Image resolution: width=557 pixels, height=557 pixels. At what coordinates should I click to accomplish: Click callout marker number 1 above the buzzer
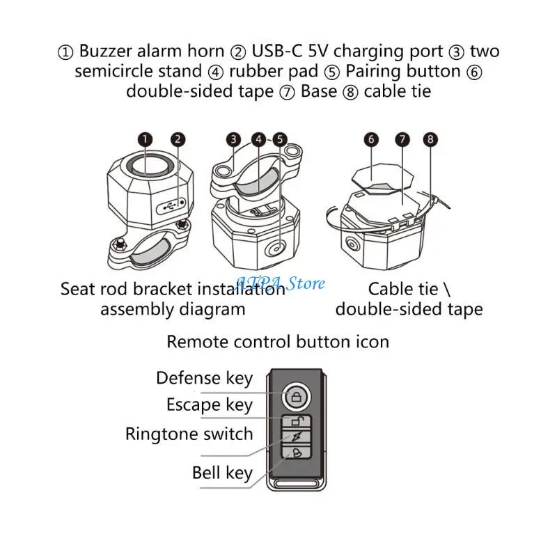tap(145, 139)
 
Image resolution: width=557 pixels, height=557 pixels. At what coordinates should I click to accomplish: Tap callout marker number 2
tap(179, 139)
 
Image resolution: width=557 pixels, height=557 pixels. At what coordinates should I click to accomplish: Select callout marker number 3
tap(234, 139)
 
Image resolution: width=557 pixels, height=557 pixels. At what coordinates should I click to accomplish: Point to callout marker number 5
tap(280, 139)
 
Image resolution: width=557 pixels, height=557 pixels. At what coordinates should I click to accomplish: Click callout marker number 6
tap(371, 139)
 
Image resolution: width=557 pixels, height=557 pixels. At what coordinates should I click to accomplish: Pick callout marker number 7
tap(402, 139)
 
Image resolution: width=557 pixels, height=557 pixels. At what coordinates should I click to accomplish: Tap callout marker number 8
tap(432, 139)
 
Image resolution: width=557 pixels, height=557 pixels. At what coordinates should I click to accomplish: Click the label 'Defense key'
tap(204, 378)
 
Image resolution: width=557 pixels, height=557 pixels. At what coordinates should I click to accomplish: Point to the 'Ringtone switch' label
tap(189, 434)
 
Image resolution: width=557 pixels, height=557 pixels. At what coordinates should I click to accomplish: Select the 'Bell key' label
tap(222, 473)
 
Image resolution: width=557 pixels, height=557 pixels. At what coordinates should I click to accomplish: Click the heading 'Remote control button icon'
tap(278, 341)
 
